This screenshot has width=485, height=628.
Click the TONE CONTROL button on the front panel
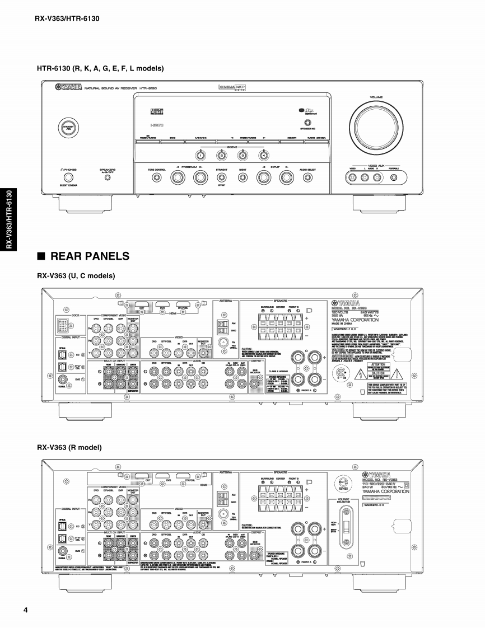(156, 178)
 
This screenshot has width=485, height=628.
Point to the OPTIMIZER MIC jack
(307, 123)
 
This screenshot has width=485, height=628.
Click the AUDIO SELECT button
(307, 178)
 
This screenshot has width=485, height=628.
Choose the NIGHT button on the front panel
(243, 178)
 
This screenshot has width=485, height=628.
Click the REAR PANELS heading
(90, 256)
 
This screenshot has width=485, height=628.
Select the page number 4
(26, 609)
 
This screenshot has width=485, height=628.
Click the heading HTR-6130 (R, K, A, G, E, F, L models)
(100, 68)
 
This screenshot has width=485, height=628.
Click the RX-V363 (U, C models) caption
(76, 276)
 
